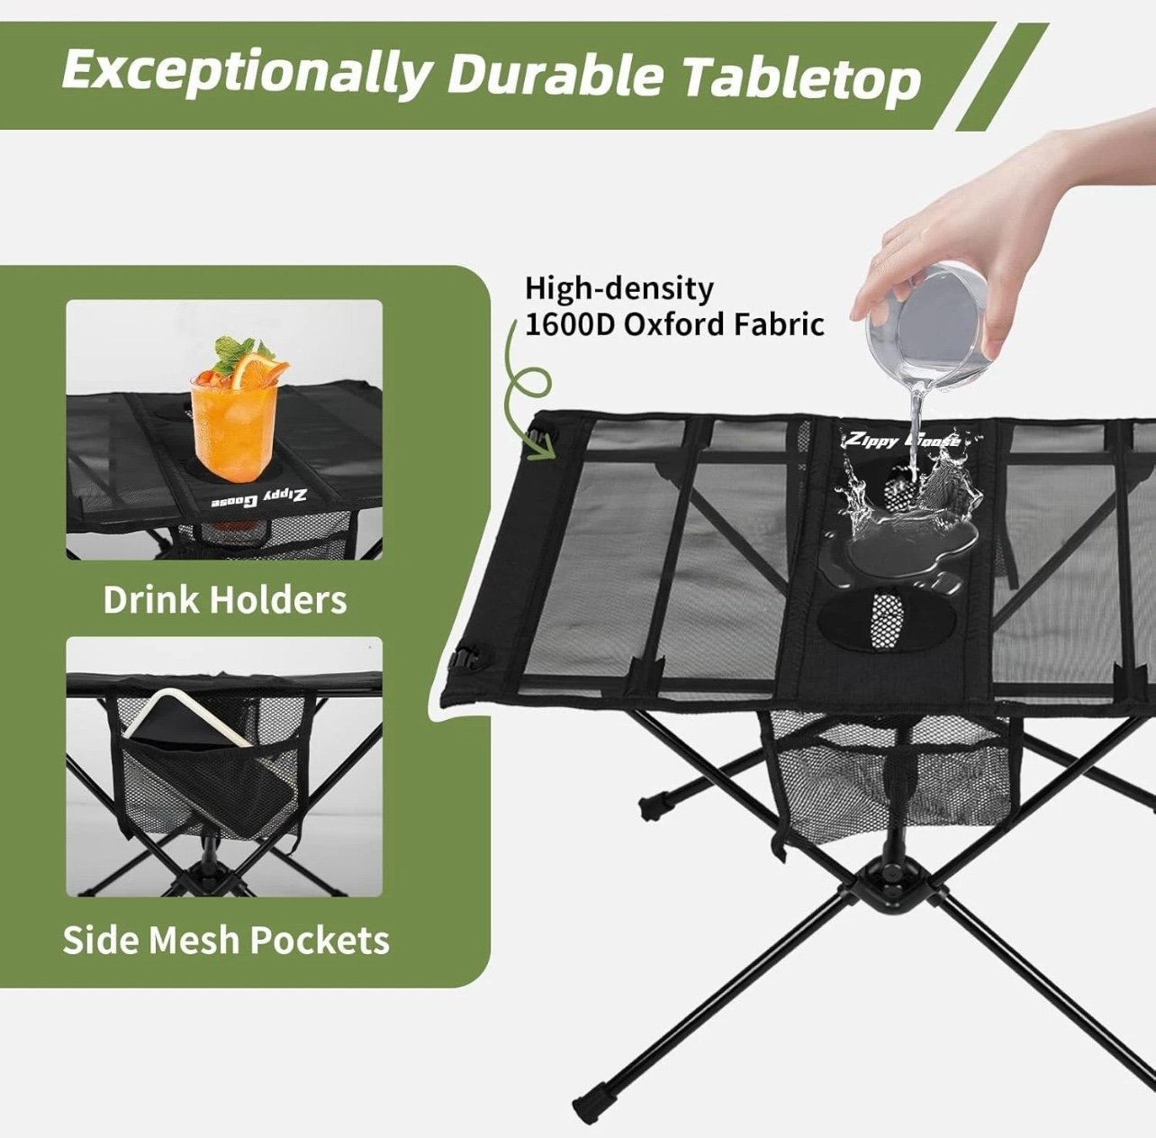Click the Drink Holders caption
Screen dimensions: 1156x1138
225,599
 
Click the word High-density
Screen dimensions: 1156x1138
619,289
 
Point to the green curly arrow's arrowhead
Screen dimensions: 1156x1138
543,451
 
